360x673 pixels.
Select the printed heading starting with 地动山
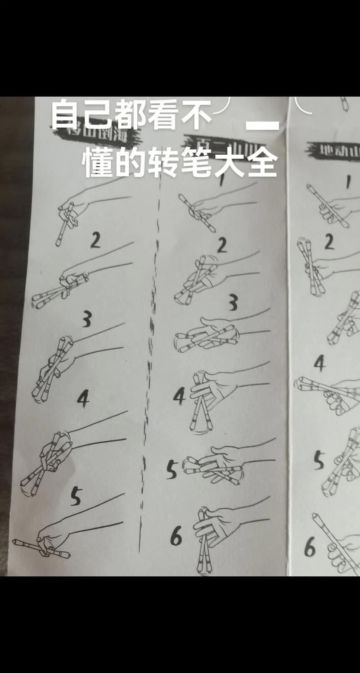(333, 149)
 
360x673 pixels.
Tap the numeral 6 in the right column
(310, 547)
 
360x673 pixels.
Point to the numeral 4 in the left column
(83, 399)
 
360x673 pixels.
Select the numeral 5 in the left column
(76, 496)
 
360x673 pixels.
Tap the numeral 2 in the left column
(95, 241)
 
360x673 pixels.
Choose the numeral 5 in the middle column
(172, 469)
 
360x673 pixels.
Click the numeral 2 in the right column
(329, 242)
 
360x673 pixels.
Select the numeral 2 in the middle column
(221, 246)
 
